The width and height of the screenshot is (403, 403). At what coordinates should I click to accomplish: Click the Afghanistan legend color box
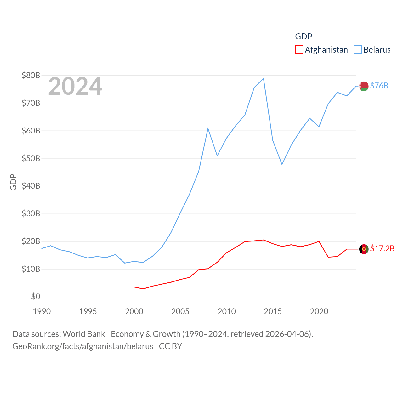[x=299, y=50]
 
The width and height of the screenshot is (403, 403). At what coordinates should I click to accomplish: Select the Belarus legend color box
[x=358, y=50]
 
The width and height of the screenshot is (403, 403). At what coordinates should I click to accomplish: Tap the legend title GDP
[x=304, y=37]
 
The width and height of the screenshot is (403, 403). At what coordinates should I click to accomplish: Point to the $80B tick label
[x=31, y=75]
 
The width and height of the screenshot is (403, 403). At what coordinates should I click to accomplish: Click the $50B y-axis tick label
[x=31, y=158]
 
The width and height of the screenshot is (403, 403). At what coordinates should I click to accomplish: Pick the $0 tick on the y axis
[x=36, y=297]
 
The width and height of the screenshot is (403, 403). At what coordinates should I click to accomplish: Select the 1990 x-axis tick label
[x=42, y=311]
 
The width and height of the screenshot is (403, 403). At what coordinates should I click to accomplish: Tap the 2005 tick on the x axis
[x=180, y=311]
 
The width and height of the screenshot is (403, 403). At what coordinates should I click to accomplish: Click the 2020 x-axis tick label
[x=319, y=311]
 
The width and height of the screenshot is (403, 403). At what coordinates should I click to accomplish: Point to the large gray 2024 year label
[x=75, y=86]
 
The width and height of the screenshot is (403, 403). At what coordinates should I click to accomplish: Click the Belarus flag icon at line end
[x=364, y=86]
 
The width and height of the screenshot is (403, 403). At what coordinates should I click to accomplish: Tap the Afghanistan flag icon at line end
[x=364, y=249]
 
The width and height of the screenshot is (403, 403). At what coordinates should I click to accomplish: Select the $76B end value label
[x=379, y=86]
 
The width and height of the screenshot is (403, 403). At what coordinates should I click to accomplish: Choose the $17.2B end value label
[x=382, y=248]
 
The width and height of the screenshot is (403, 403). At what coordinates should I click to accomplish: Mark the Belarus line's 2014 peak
[x=264, y=78]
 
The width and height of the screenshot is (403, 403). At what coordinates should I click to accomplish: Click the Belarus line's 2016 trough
[x=282, y=164]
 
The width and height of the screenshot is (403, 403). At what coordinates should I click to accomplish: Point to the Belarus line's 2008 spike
[x=208, y=128]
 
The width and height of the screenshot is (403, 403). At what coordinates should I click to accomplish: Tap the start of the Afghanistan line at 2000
[x=134, y=287]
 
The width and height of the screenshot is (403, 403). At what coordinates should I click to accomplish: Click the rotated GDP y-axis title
[x=13, y=182]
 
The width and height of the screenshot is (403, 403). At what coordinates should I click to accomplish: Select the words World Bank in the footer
[x=84, y=334]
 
